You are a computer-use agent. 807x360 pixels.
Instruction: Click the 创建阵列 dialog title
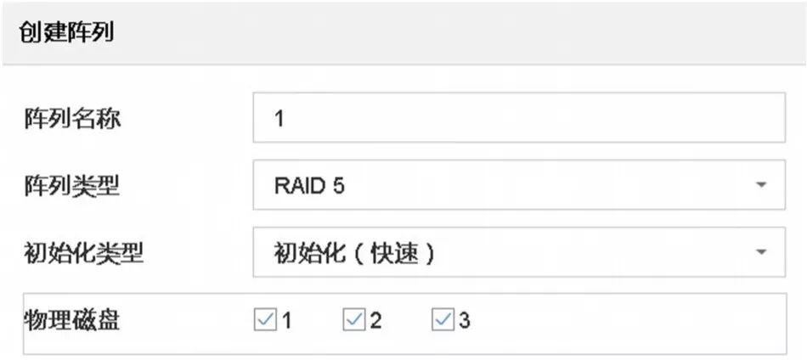click(67, 33)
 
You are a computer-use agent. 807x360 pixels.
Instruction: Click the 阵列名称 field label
click(71, 118)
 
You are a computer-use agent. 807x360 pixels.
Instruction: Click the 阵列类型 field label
click(71, 185)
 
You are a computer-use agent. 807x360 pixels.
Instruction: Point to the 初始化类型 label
click(83, 252)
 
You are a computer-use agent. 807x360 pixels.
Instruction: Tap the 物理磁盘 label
click(71, 320)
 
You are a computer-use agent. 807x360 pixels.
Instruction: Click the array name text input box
click(518, 118)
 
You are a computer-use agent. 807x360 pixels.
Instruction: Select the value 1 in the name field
click(279, 119)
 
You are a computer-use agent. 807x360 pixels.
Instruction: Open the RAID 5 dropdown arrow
click(760, 185)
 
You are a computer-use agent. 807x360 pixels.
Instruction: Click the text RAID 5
click(308, 186)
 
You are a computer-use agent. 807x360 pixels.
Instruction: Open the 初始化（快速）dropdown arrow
click(760, 252)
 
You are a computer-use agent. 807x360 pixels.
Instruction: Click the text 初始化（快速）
click(355, 253)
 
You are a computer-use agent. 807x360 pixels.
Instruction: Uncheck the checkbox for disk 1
click(265, 320)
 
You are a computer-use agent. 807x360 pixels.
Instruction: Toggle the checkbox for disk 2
click(354, 320)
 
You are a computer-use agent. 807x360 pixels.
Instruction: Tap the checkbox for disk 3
click(443, 320)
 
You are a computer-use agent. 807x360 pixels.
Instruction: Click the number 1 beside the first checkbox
click(287, 321)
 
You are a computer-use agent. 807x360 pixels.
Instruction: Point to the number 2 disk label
click(375, 321)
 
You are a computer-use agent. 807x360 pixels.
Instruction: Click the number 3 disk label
click(465, 321)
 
